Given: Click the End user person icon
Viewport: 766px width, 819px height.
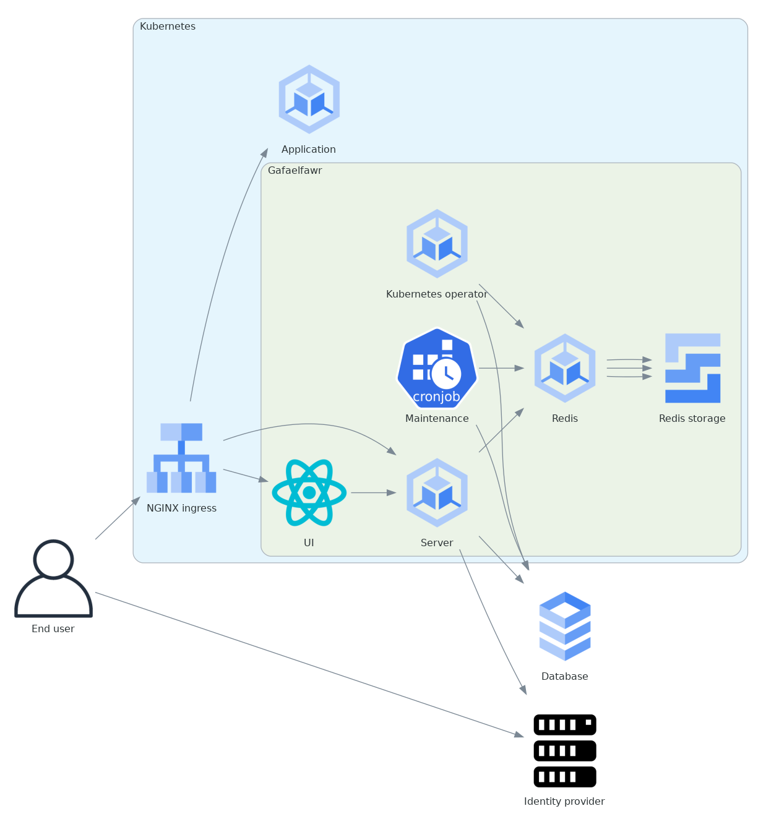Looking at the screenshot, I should point(53,578).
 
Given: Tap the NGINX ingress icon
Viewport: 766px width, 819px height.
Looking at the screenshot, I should point(181,458).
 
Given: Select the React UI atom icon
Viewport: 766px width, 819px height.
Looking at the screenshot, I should point(309,492).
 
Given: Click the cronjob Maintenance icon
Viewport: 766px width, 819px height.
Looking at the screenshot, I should point(437,368).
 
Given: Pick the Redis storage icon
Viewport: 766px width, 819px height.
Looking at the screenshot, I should point(692,368).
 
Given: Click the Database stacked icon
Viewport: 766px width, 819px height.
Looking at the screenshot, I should point(565,626).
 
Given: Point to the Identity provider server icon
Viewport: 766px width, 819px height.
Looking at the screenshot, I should point(565,750).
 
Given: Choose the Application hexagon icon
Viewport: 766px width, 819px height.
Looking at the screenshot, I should point(309,99).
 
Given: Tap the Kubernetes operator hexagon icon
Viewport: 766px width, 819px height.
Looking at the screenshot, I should point(437,243).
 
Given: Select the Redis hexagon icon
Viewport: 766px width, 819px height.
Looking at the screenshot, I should point(565,368).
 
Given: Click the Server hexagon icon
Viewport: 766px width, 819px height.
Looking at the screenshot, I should point(437,492).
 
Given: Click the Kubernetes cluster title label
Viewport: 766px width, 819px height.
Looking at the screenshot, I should point(168,27).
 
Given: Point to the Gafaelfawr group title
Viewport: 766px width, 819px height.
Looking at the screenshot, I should point(295,171).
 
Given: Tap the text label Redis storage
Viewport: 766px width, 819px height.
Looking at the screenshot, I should point(692,419).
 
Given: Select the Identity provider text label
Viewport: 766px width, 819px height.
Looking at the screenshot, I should point(564,802).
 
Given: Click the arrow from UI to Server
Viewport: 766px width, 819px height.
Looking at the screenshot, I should point(373,493).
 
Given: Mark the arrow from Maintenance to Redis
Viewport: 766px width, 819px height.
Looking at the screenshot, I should point(501,368).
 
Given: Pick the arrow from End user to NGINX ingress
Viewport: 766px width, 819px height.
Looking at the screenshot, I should point(118,518).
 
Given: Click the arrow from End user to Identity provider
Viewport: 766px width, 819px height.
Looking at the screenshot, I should point(309,664).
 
